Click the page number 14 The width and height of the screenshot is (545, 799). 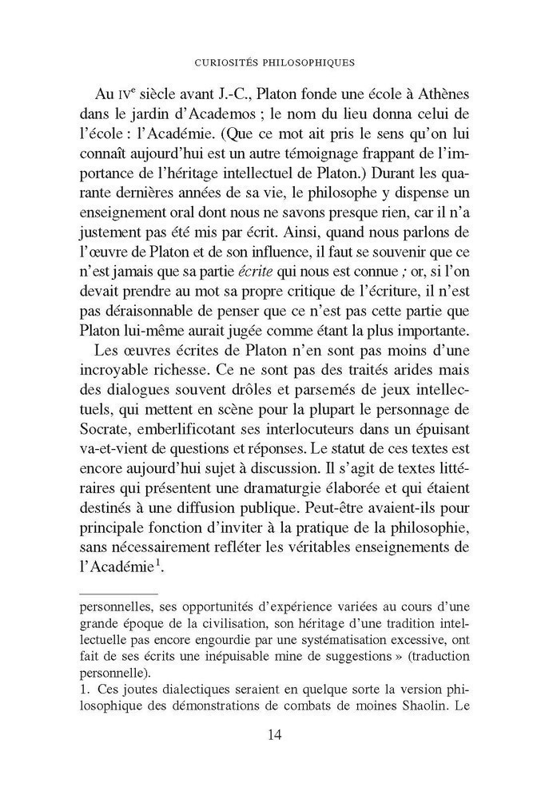[x=272, y=734]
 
